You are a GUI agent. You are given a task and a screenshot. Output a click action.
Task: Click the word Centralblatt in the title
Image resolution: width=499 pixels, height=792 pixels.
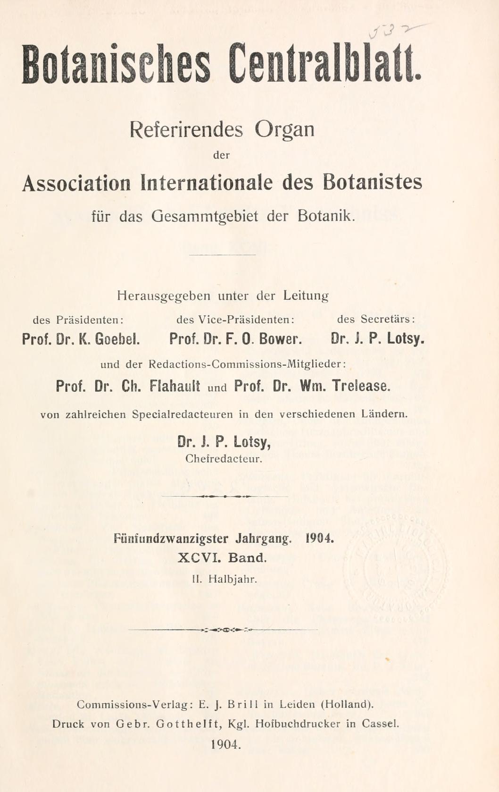tap(324, 64)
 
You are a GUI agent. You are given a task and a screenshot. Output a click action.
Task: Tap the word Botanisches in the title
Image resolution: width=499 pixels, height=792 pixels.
tap(116, 64)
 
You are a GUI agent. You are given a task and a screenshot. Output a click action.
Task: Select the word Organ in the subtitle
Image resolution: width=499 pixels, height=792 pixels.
tap(284, 129)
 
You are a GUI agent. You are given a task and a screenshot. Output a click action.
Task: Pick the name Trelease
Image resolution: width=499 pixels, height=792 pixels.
tap(361, 386)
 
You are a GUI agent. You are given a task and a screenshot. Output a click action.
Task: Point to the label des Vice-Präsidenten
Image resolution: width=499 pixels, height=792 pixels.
tap(235, 320)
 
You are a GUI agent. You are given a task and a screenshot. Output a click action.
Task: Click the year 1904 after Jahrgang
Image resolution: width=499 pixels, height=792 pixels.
tap(320, 539)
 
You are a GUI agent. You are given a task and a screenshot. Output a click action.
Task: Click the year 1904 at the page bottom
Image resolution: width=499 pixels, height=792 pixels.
tap(226, 744)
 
